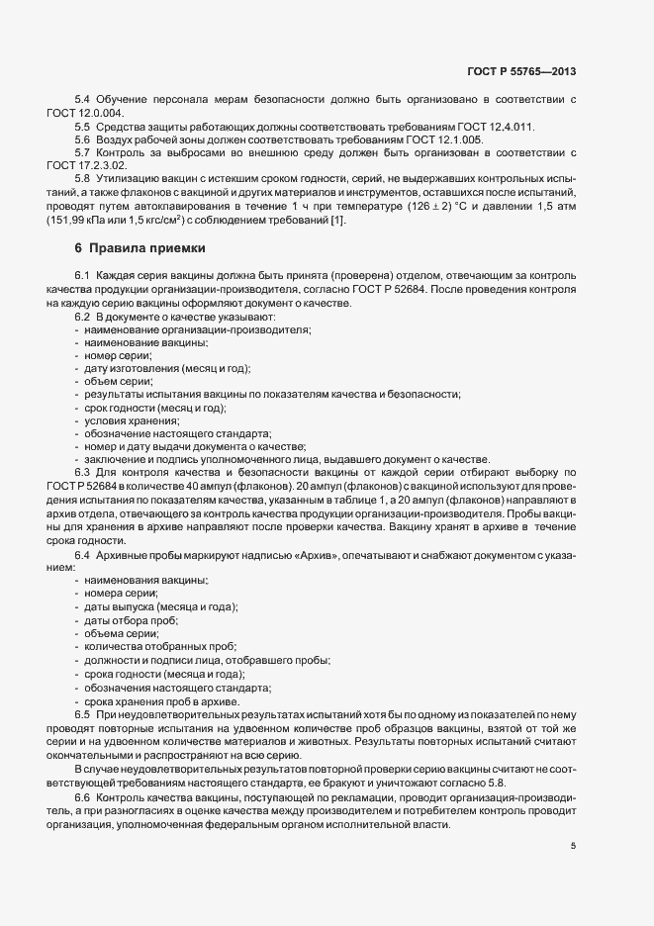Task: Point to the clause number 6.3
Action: (x=83, y=473)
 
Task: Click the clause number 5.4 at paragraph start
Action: (x=83, y=100)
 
